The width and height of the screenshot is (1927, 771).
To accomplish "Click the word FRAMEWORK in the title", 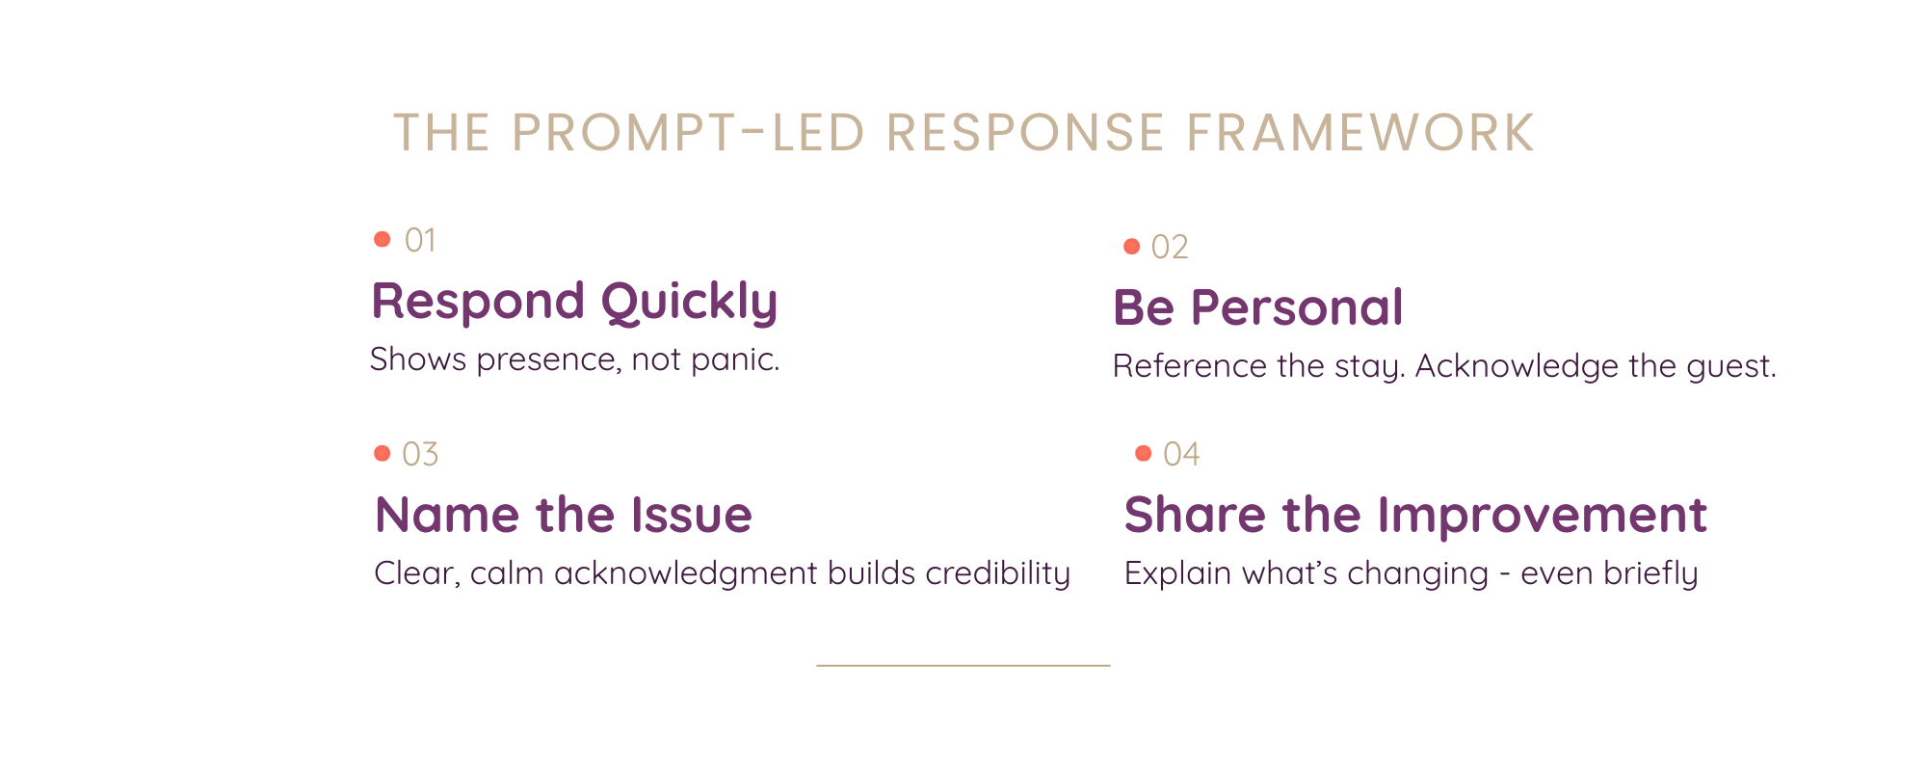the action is tap(1359, 133).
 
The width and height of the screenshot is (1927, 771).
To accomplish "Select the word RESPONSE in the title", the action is tap(1024, 133).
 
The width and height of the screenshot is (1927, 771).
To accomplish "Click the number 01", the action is tap(420, 240).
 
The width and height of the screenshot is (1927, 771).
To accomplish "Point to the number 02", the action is tap(1170, 248).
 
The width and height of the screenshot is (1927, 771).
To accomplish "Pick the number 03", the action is tap(420, 454).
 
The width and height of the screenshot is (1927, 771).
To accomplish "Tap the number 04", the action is tap(1181, 454).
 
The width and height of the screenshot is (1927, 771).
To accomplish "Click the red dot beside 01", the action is tap(383, 239).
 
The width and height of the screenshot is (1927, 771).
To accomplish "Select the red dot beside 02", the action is tap(1132, 247).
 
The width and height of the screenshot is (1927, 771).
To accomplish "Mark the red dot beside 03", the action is tap(383, 453).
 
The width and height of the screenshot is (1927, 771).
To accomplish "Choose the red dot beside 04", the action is tap(1144, 453).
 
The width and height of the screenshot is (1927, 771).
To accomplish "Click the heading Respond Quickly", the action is tap(574, 303).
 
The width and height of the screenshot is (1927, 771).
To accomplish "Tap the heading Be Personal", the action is tap(1257, 308).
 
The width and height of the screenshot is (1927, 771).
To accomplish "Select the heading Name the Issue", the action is tap(563, 516).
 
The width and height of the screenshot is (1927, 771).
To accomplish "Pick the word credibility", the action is tap(997, 574).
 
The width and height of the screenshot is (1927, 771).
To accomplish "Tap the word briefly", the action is tap(1650, 574).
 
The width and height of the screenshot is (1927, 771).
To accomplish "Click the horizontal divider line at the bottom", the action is tap(963, 665).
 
